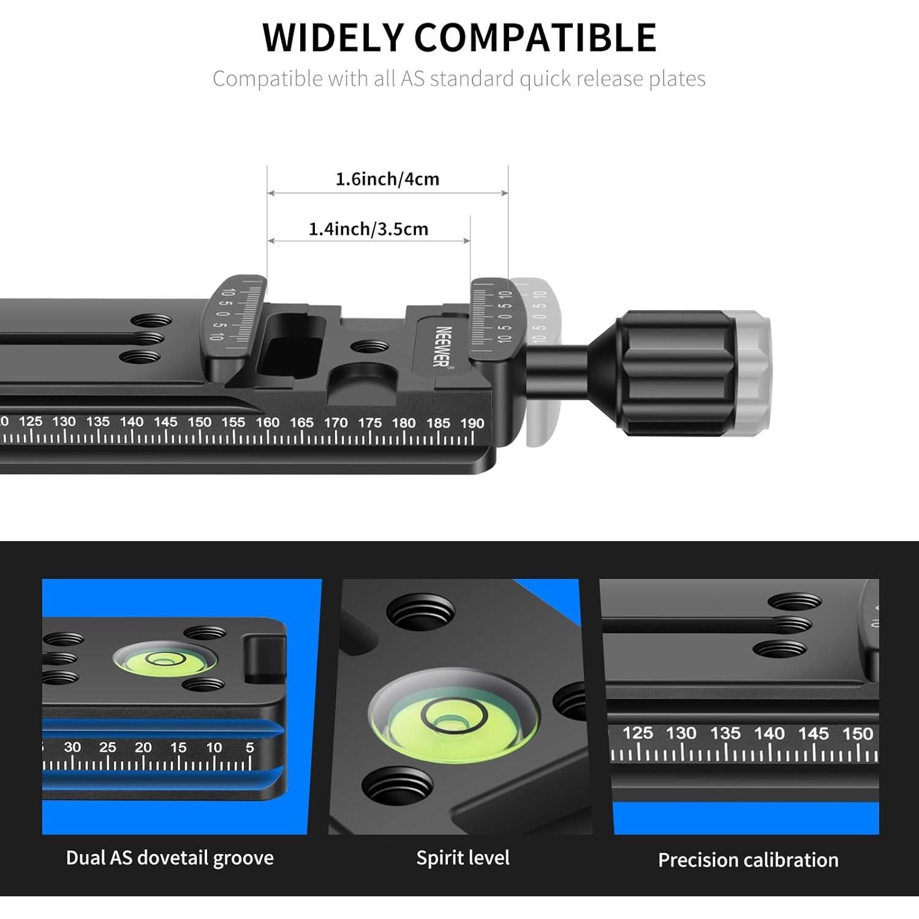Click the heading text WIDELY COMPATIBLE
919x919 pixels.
tap(459, 37)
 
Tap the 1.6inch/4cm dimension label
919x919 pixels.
tap(387, 179)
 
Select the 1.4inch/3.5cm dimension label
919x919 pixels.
tap(368, 229)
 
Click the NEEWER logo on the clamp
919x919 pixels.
tap(443, 347)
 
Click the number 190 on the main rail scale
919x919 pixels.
tap(472, 423)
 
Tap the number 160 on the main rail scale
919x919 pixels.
tap(267, 423)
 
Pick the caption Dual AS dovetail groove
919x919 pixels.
tap(170, 858)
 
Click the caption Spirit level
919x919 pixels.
tap(463, 858)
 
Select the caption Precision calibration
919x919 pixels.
tap(748, 860)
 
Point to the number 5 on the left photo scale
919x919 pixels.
tap(249, 747)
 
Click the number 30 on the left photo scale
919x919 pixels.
tap(72, 747)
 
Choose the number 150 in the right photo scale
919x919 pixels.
tap(857, 733)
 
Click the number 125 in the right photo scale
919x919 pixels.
tap(638, 733)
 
